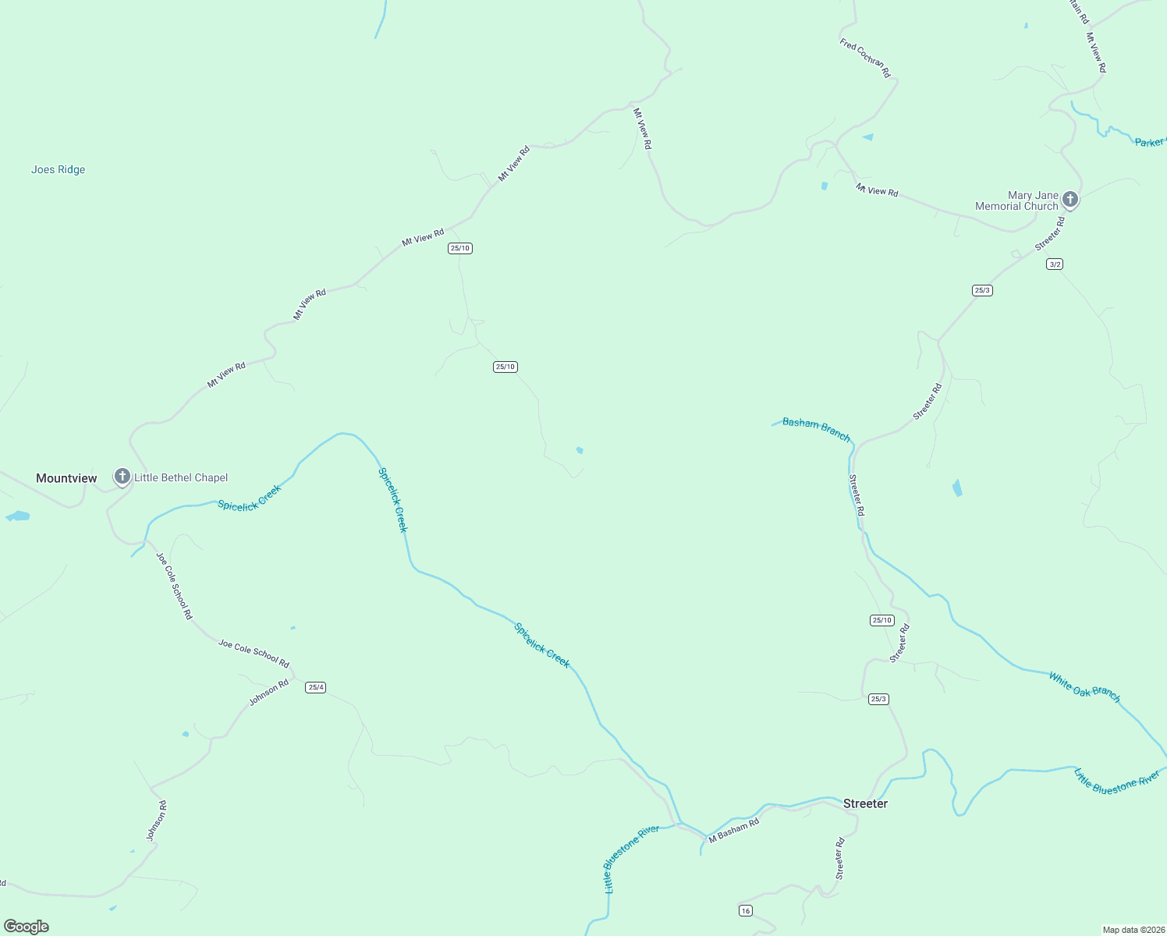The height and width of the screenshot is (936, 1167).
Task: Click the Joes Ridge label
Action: coord(59,170)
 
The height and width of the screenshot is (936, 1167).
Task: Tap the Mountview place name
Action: coord(66,478)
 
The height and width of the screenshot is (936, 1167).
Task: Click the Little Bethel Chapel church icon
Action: coord(122,477)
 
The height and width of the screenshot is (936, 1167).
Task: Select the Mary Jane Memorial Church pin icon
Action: coord(1070,200)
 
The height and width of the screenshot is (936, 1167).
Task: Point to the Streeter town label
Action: coord(865,803)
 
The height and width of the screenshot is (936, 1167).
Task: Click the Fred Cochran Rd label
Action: coord(865,58)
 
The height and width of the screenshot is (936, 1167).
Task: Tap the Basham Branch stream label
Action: coord(816,429)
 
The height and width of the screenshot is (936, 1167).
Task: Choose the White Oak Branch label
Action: coord(1084,687)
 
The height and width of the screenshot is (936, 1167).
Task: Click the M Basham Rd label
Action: coord(733,831)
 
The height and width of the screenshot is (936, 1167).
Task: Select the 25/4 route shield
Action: coord(315,687)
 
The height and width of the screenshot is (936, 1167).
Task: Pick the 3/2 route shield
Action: coord(1055,264)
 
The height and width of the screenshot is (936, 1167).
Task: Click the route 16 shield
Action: coord(746,910)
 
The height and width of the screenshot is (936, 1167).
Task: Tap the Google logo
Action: coord(27,927)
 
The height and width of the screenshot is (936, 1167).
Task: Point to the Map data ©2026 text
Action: coord(1132,930)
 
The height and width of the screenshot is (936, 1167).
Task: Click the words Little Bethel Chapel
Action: coord(181,477)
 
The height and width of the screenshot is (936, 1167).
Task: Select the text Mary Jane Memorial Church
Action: coord(1017,201)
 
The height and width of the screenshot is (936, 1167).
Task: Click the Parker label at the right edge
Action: coord(1150,142)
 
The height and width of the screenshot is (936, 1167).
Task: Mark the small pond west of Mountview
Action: coord(18,516)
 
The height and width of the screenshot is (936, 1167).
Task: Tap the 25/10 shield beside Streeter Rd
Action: coord(881,620)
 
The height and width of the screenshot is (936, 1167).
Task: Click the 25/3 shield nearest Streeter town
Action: coord(878,699)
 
